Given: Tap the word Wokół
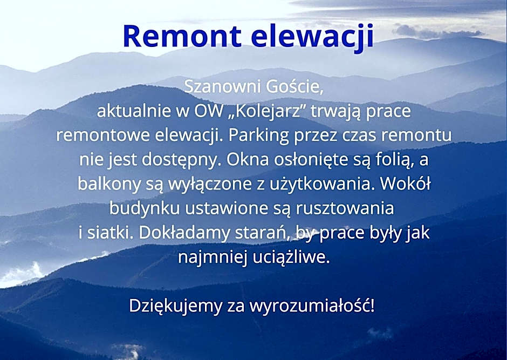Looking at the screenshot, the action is [x=405, y=184].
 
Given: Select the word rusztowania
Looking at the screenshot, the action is [x=345, y=209].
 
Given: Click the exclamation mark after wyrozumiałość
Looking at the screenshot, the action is [x=373, y=305].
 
